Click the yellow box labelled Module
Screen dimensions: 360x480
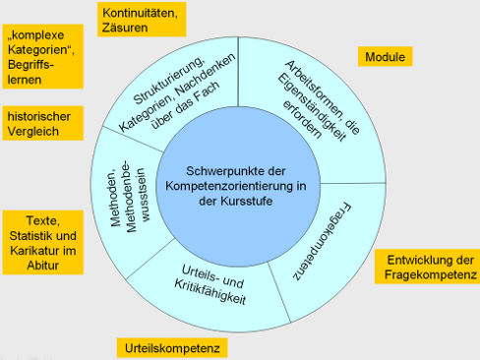point(386,58)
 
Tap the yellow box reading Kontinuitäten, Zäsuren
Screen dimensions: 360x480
point(139,20)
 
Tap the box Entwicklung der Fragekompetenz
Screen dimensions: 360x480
point(425,266)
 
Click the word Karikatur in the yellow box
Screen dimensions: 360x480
point(37,251)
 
